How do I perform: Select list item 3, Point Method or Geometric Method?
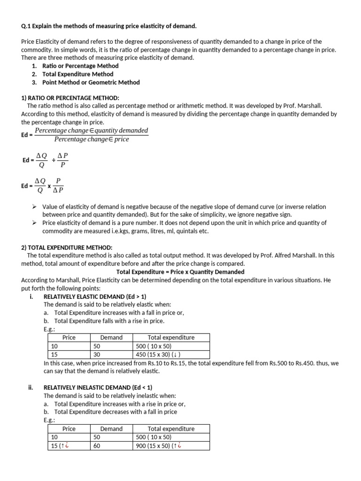91,82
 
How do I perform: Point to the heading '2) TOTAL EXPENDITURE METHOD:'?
67,248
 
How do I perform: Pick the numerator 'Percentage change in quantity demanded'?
92,131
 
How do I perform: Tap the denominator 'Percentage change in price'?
92,139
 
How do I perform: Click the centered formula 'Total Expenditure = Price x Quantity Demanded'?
180,272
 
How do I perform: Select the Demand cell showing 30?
97,355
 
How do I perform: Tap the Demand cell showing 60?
97,446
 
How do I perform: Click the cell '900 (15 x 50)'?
157,446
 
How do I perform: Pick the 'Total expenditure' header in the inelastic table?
171,428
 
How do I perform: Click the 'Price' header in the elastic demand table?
69,337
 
